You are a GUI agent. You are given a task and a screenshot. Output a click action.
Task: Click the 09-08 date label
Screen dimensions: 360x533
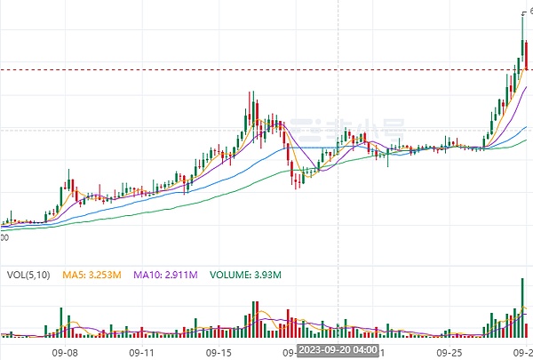click(x=67, y=351)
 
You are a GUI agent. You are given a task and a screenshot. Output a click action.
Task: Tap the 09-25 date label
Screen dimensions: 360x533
click(x=453, y=351)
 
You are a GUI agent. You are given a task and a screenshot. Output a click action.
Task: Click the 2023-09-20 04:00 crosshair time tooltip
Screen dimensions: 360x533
click(x=338, y=350)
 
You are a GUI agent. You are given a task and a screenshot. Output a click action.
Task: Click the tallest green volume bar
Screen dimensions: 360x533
click(x=522, y=307)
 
